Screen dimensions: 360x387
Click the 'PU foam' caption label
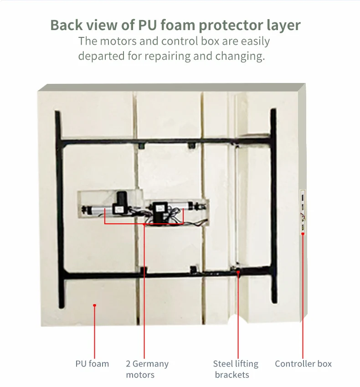coord(92,364)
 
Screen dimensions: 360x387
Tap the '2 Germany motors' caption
coord(147,369)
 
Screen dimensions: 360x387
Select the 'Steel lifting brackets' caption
coord(235,369)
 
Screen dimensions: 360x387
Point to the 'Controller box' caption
coord(303,364)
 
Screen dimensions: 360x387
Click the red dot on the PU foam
coord(95,306)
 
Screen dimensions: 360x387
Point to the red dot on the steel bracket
coord(238,273)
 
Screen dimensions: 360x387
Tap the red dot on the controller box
coord(303,234)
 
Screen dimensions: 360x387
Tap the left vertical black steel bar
coord(59,205)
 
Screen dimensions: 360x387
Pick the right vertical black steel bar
coord(273,205)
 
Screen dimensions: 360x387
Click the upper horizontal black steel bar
coord(164,142)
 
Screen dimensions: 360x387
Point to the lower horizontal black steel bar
coord(164,275)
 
